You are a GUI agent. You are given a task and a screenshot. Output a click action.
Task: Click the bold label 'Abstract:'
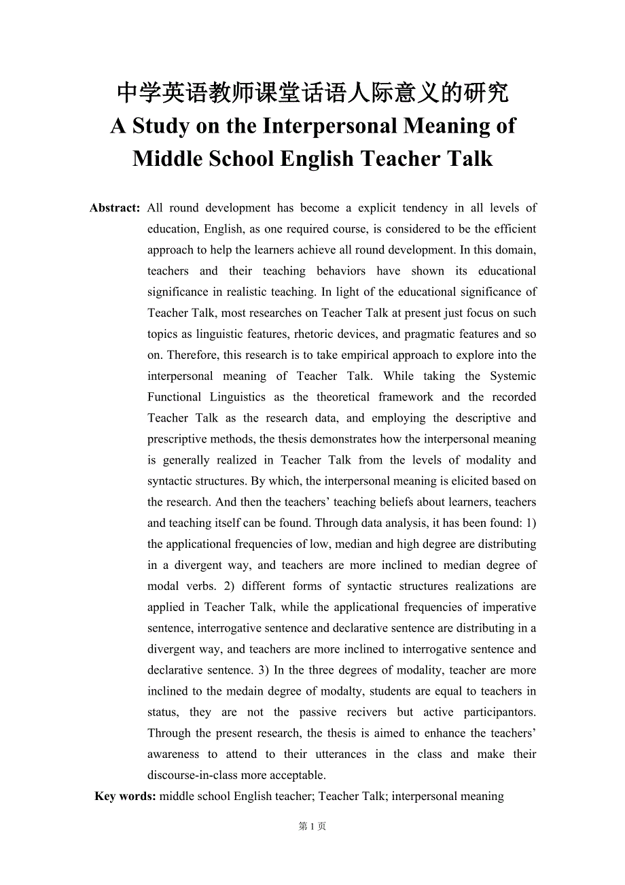115,208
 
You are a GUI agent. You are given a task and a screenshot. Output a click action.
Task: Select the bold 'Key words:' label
125,796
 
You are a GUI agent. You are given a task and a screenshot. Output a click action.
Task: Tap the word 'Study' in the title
162,126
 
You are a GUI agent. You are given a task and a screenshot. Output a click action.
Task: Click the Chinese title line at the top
312,93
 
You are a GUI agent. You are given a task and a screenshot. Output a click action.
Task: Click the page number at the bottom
312,827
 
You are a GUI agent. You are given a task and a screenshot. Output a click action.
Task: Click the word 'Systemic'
513,376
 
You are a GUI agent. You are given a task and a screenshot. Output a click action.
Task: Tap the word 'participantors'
499,712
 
